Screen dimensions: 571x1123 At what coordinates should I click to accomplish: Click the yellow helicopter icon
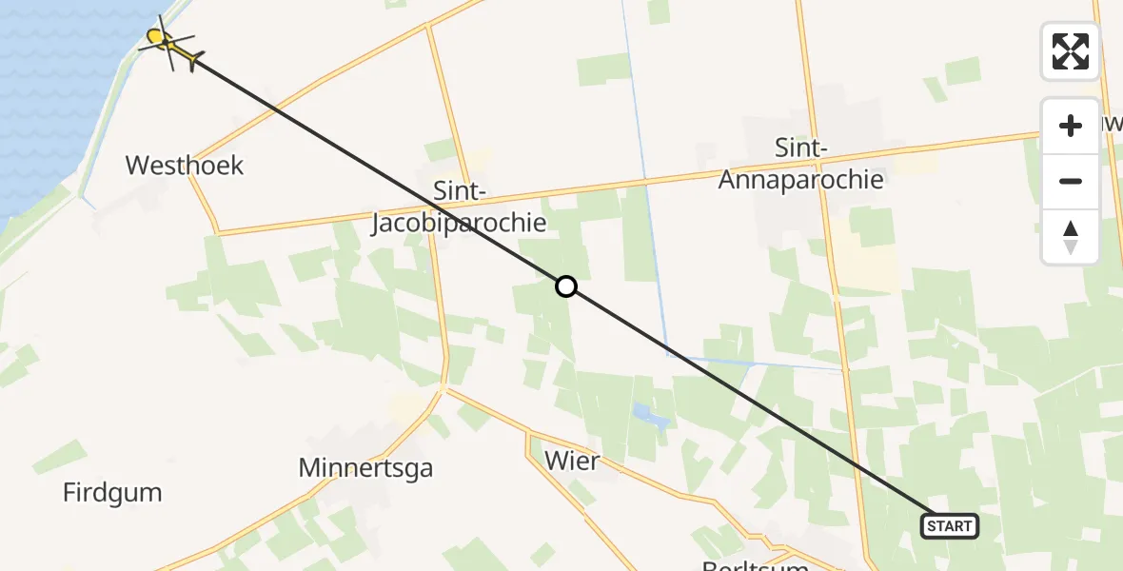(x=172, y=47)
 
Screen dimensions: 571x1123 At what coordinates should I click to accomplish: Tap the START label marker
(x=949, y=526)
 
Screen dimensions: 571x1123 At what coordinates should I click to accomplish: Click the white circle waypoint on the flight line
(x=566, y=286)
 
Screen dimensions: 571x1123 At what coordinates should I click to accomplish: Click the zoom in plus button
(x=1071, y=126)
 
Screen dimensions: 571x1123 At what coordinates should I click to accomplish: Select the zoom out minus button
(x=1071, y=181)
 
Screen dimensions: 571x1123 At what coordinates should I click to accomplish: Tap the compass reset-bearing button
(x=1071, y=236)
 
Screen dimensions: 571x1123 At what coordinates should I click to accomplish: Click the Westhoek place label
(x=185, y=166)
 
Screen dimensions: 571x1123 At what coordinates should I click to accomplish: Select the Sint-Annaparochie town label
(x=801, y=164)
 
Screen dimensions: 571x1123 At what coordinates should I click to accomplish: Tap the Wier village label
(x=572, y=463)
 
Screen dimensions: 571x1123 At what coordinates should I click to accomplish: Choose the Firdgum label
(x=112, y=493)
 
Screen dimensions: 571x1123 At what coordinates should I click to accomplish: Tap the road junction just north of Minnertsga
(x=443, y=387)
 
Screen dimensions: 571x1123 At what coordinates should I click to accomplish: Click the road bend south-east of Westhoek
(x=218, y=231)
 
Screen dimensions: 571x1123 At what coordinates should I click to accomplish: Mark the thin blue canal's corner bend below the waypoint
(x=668, y=355)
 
